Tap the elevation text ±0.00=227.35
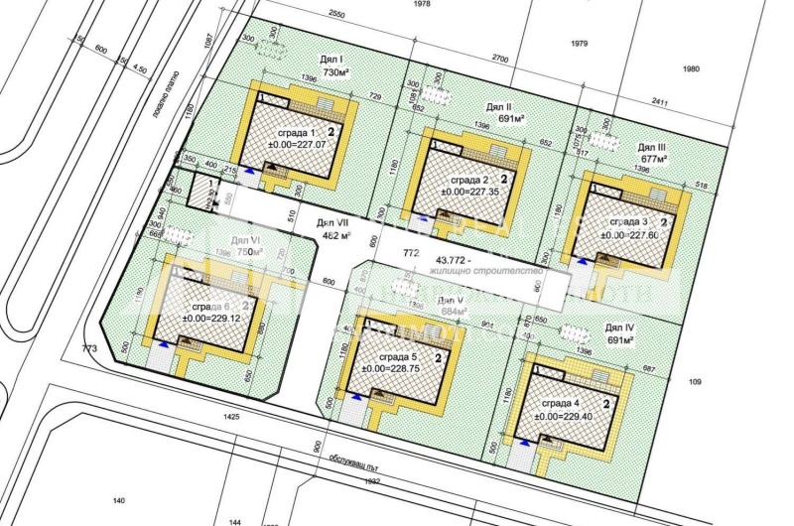tap(467, 195)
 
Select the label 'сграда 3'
tap(628, 221)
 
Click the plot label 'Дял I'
tap(331, 59)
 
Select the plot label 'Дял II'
tap(498, 106)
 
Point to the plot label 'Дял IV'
tap(619, 327)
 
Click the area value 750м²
tap(253, 252)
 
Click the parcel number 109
tap(694, 381)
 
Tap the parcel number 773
tap(90, 348)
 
